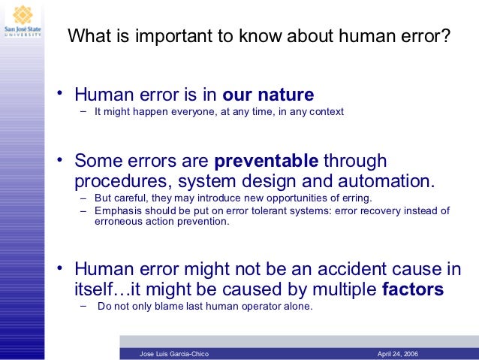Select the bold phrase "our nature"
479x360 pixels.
268,95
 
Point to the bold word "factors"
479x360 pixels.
413,289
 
